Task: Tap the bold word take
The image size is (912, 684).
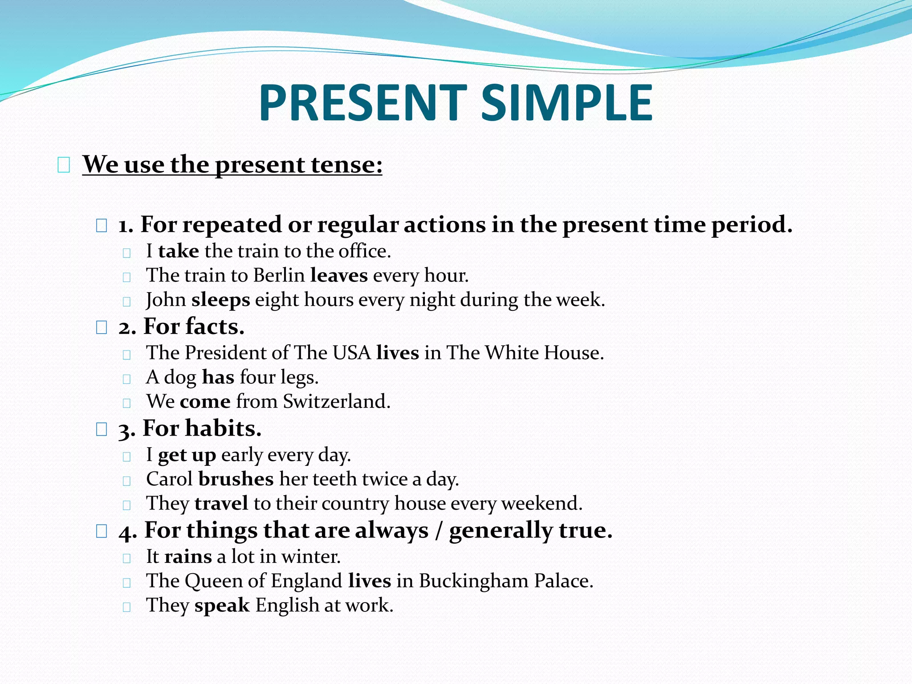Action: pos(178,251)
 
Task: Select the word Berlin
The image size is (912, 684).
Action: pos(279,275)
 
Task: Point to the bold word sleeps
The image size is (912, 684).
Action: pos(220,300)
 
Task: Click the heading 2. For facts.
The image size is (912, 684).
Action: pos(181,326)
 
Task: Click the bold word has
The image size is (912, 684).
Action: pos(218,377)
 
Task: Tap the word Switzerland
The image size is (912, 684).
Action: pos(336,401)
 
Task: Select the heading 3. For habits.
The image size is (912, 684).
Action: pos(190,428)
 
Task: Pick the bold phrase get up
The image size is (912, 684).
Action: pos(187,455)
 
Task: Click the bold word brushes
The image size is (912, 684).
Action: pos(236,479)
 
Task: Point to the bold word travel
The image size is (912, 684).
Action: pos(221,504)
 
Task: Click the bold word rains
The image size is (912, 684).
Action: pos(188,557)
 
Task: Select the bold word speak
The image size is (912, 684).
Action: pos(222,605)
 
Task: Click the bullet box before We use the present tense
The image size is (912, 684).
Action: pos(64,166)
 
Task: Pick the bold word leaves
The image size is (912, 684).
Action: pos(339,275)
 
